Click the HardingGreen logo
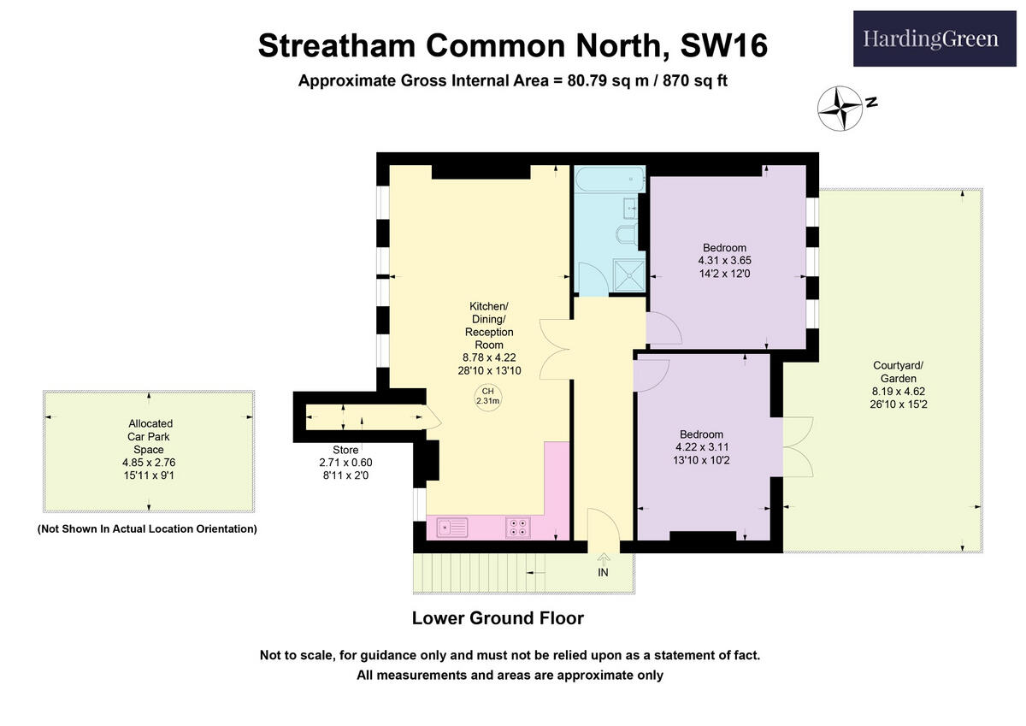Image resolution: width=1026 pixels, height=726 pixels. coord(934,38)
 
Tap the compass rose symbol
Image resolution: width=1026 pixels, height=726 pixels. coord(839,109)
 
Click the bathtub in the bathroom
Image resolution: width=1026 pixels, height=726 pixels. coord(610,180)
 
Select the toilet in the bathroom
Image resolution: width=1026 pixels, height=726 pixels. coord(625,233)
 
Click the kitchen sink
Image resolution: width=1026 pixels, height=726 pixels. coord(452,528)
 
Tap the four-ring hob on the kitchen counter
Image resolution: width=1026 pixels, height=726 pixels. coord(518,528)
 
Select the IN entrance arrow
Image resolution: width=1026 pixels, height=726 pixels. coord(603,562)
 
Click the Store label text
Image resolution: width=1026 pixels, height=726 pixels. coord(345,450)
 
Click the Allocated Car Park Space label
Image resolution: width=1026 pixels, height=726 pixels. coord(150,436)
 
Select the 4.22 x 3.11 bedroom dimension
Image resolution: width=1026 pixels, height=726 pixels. coord(701,446)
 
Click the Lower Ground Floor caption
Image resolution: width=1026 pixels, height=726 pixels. coord(498,617)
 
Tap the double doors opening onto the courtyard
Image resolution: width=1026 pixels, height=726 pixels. coord(799,446)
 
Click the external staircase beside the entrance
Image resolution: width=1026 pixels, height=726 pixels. coord(479,572)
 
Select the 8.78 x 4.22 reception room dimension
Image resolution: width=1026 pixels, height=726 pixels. coord(489,357)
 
